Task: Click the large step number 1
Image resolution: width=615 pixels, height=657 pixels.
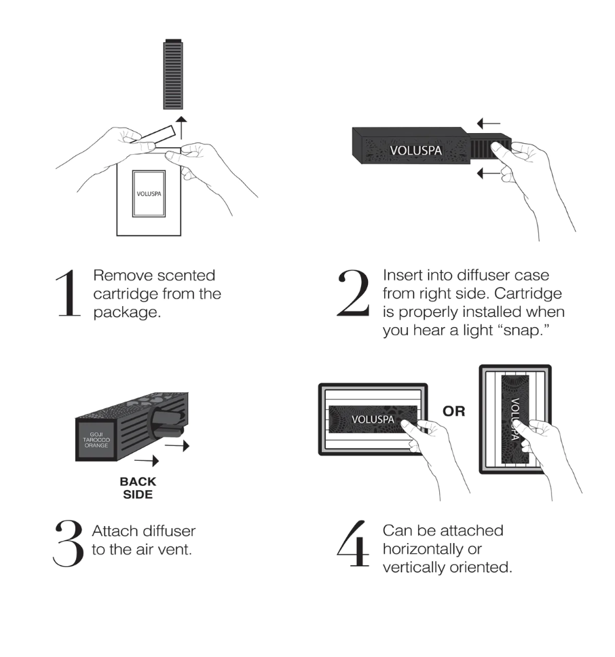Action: [69, 293]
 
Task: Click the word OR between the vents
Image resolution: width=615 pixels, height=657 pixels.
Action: [453, 411]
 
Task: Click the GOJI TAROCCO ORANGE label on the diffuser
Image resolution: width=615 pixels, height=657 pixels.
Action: [92, 439]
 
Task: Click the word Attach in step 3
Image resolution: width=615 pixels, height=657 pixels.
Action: [112, 531]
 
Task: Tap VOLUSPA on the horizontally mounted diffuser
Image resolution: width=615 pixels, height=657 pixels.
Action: [371, 418]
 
